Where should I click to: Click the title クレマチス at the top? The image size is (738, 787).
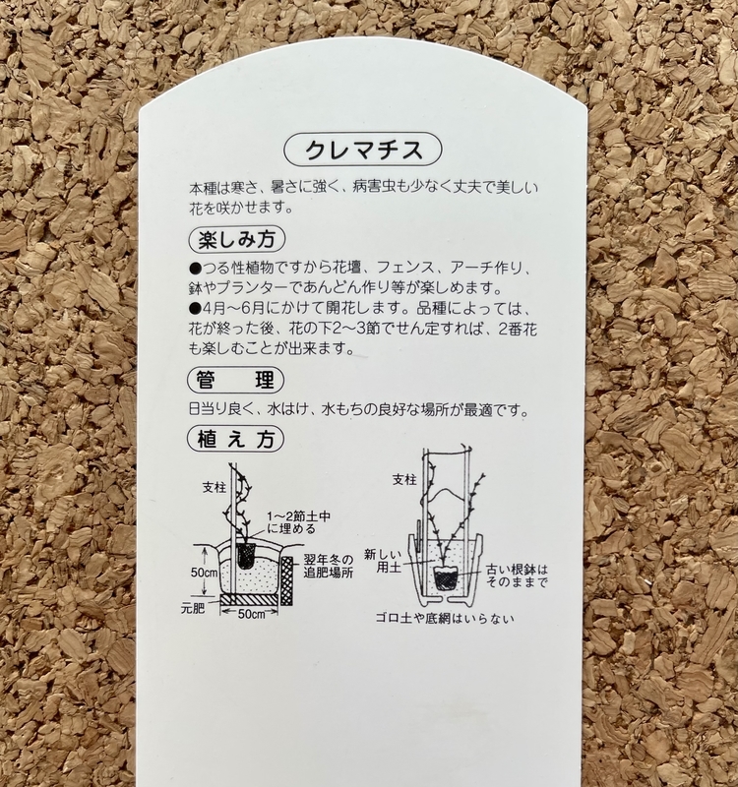(362, 151)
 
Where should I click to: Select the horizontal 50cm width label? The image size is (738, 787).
(256, 614)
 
